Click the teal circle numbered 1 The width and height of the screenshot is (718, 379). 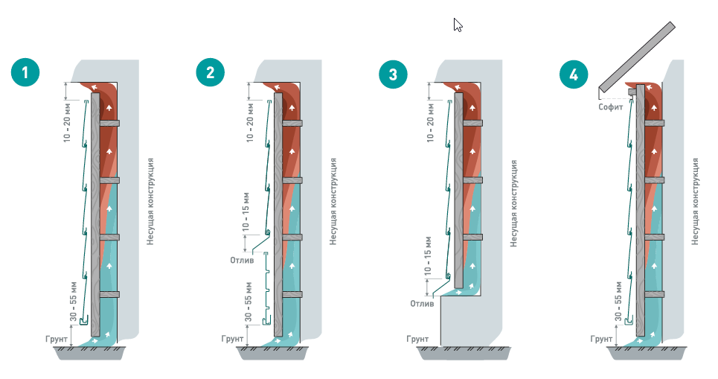(25, 72)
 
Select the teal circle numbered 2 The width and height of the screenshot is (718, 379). (210, 72)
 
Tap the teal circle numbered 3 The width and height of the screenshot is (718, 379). (393, 74)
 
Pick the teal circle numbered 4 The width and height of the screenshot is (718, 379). (574, 74)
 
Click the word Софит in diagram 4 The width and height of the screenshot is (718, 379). (610, 107)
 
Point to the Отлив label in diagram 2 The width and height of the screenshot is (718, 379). (242, 261)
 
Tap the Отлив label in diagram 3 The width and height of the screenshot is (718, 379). (422, 303)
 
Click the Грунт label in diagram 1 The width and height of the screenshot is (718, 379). (57, 339)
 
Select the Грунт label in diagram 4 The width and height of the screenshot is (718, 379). (601, 339)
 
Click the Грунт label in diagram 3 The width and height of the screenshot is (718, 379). (417, 339)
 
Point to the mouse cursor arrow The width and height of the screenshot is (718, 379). (458, 25)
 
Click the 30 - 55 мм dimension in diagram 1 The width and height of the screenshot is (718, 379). (73, 302)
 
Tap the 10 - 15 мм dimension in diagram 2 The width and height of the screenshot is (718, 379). (246, 211)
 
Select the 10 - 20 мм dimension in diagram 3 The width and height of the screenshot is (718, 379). (430, 122)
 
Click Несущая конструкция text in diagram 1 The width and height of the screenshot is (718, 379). (150, 202)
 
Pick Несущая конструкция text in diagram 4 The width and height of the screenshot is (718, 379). (695, 202)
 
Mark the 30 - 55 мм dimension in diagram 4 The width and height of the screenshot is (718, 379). (618, 302)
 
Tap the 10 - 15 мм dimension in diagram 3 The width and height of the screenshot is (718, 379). (428, 256)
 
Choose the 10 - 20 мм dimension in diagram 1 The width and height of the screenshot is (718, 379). (67, 122)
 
